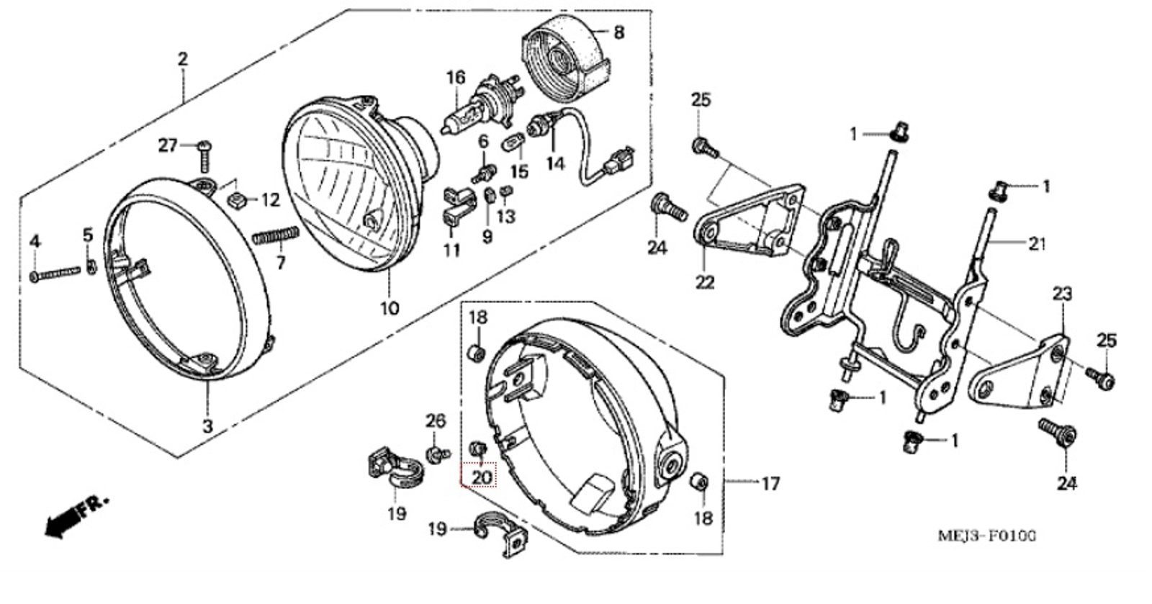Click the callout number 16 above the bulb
[x=456, y=78]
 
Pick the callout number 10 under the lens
[x=389, y=309]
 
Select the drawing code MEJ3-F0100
[x=987, y=536]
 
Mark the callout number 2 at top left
[x=183, y=58]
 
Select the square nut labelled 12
[x=234, y=199]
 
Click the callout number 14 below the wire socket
[x=555, y=163]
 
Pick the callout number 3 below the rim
[x=207, y=426]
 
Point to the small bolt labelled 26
[x=435, y=453]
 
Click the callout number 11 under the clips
[x=451, y=250]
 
